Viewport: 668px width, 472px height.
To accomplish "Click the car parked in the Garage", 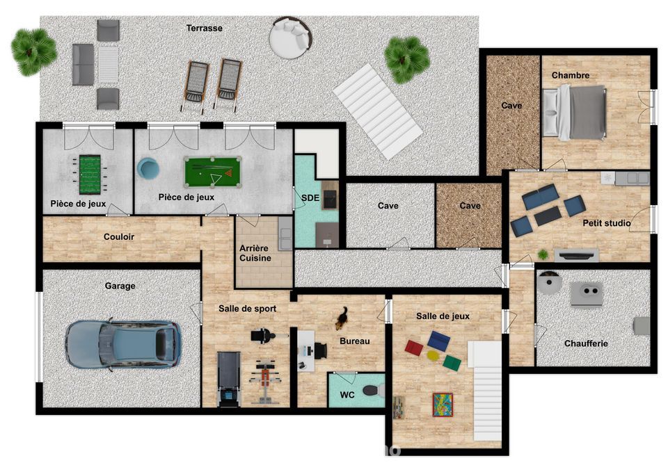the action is point(123,344).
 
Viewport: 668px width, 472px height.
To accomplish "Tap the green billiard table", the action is point(213,172).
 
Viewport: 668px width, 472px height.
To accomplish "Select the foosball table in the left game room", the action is point(90,174).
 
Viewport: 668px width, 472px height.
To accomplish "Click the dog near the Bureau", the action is point(341,319).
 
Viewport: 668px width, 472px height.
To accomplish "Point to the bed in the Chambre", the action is point(574,112).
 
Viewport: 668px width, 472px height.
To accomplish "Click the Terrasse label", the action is point(205,28).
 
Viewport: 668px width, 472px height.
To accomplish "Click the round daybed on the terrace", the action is point(291,37).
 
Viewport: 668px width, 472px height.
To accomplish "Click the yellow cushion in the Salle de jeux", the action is point(434,355).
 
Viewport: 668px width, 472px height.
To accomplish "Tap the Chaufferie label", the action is point(586,343).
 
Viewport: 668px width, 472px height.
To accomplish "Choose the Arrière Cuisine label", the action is point(255,253).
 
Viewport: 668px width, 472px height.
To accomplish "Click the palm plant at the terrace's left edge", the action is point(33,52).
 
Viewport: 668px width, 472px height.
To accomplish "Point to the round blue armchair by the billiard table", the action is point(148,168).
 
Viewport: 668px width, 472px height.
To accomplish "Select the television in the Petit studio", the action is point(576,255).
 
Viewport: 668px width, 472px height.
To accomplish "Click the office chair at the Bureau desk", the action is point(320,350).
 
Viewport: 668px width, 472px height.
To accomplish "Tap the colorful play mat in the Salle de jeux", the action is point(443,405).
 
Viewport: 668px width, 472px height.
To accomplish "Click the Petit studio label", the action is point(607,223).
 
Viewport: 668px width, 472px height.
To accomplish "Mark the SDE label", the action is point(310,198).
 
